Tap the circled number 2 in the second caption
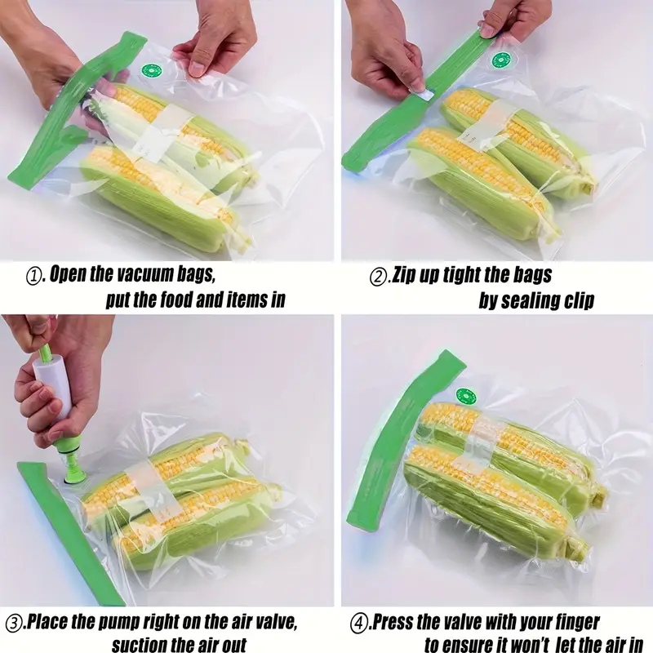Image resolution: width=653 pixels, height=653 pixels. pos(378,277)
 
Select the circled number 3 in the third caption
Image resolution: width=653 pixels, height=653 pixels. pos(13,624)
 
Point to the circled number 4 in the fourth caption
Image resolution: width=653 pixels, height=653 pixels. pos(358,624)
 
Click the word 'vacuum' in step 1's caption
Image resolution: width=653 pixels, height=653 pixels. pos(144,273)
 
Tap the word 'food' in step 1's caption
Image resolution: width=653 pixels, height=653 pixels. pos(172,300)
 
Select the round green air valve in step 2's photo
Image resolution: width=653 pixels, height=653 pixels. pos(500,60)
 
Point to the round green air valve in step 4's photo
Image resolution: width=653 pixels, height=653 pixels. pos(466,396)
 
